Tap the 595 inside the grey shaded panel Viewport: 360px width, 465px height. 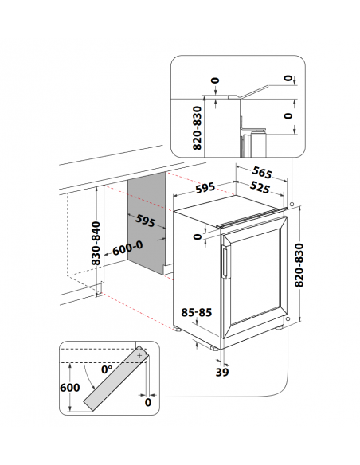(x=145, y=220)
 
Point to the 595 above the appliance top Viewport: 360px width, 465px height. (x=205, y=189)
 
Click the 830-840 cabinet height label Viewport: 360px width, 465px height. (x=96, y=243)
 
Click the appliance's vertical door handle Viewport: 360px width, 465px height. (x=225, y=262)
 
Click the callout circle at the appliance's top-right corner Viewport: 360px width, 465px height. (x=294, y=205)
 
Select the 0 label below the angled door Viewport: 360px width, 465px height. (x=149, y=403)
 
